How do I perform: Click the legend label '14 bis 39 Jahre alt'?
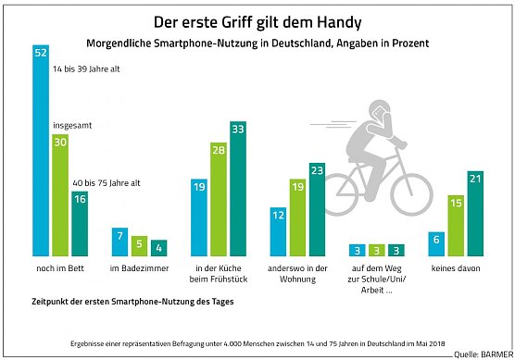[x=86, y=69]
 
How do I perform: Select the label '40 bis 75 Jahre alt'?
[x=107, y=183]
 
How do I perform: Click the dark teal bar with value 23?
[x=317, y=209]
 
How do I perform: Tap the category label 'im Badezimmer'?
[x=139, y=269]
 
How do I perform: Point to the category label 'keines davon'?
[x=455, y=269]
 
